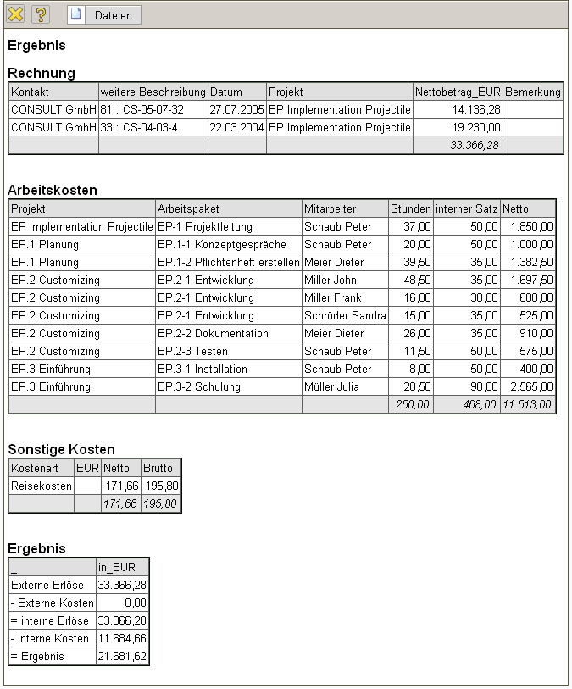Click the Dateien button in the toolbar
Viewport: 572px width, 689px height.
tap(104, 15)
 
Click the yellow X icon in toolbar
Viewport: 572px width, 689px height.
tap(15, 15)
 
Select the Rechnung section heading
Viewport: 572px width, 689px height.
tap(42, 73)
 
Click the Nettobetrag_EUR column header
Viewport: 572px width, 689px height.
tap(458, 92)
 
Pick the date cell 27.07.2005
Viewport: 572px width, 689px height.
tap(236, 109)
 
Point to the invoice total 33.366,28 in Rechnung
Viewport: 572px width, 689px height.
tap(475, 145)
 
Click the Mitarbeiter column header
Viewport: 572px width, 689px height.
tap(330, 208)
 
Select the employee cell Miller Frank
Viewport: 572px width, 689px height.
tap(332, 297)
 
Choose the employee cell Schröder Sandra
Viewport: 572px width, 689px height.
tap(345, 315)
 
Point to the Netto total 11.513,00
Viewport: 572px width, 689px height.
tap(528, 404)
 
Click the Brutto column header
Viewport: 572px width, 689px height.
tap(158, 468)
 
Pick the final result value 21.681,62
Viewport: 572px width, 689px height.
tap(123, 656)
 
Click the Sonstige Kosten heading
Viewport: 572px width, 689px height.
tap(61, 449)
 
